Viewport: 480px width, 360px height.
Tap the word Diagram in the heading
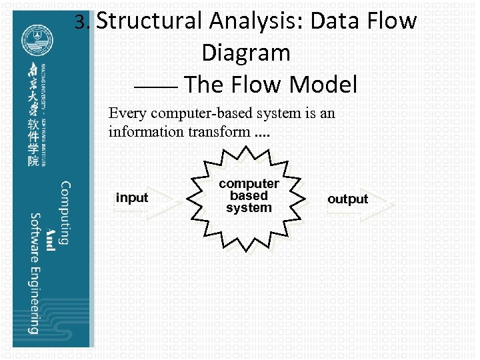point(246,53)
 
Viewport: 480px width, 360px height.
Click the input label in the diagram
point(132,197)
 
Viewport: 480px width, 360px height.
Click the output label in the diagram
point(347,199)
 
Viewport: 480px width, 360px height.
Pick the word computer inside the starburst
point(249,183)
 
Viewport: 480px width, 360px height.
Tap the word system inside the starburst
point(249,208)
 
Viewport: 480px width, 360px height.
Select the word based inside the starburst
point(249,196)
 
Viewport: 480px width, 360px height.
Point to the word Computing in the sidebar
point(65,213)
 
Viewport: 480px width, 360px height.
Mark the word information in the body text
point(145,131)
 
